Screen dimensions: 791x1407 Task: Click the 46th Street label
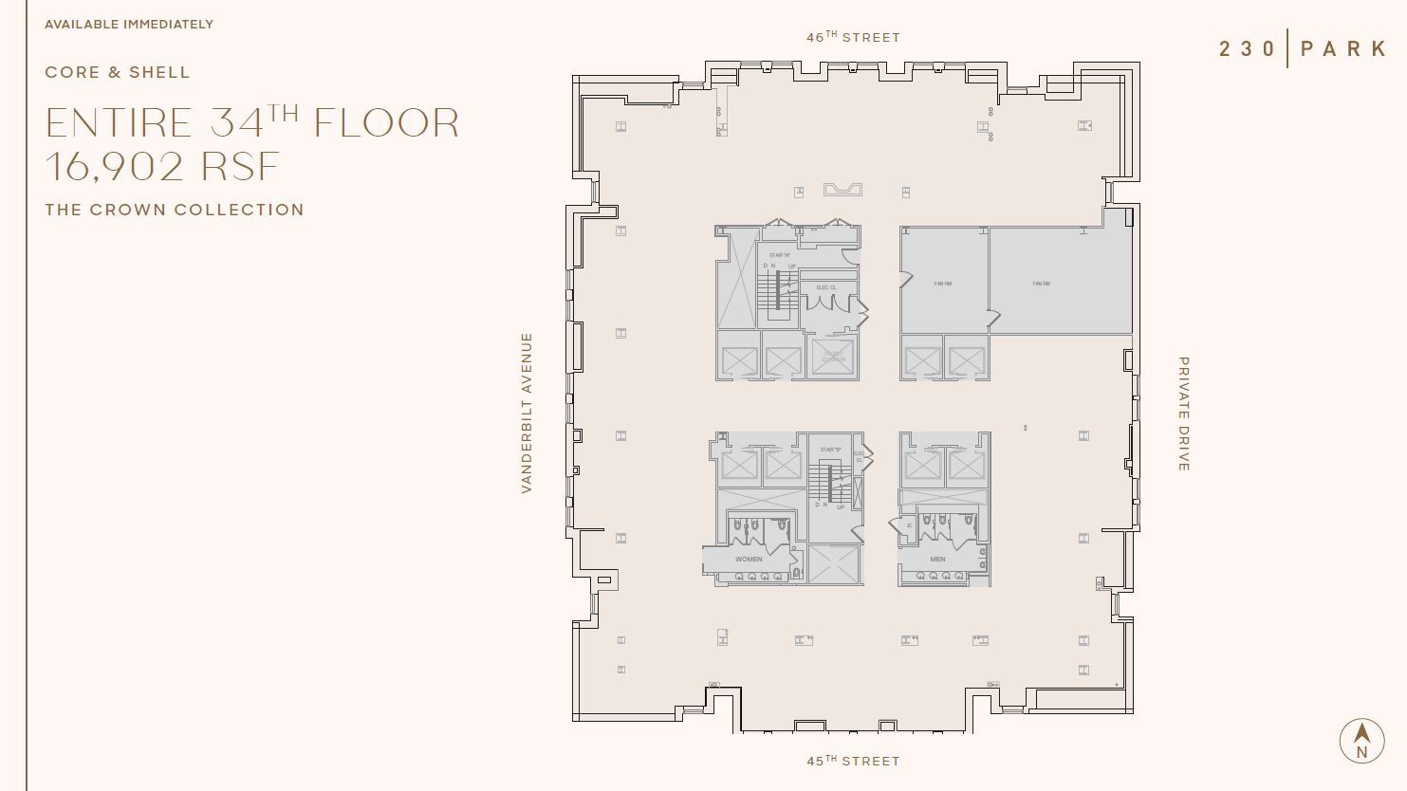(x=852, y=38)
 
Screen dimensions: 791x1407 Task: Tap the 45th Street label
(x=852, y=761)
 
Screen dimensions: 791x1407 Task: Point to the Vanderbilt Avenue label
(x=527, y=413)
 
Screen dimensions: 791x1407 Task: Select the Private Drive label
(x=1183, y=414)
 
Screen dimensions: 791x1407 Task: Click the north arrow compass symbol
(x=1361, y=740)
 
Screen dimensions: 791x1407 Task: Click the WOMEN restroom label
(x=749, y=560)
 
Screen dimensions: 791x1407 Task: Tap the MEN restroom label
(x=937, y=560)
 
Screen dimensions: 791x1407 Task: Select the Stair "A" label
(x=780, y=256)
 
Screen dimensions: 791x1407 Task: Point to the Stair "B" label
(x=831, y=450)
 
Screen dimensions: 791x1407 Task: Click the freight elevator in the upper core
(x=833, y=358)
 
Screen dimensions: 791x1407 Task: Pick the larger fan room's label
(x=1041, y=284)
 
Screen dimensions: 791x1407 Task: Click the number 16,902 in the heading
(x=114, y=167)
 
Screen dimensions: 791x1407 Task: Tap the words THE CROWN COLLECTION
(x=175, y=210)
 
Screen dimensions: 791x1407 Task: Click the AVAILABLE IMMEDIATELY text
(x=129, y=24)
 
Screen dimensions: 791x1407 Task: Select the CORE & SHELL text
(x=118, y=72)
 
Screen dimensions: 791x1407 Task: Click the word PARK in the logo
(x=1343, y=49)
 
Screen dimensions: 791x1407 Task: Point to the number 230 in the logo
(x=1247, y=49)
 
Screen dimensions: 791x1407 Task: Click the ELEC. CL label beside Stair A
(x=825, y=287)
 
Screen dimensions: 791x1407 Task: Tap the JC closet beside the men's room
(x=908, y=525)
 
